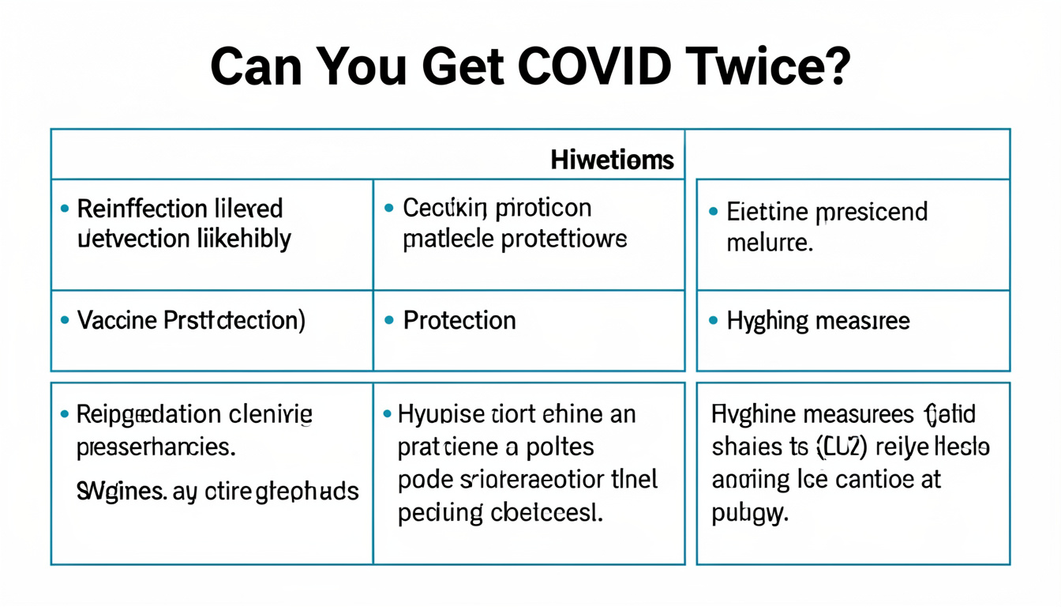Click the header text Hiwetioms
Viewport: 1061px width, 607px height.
pyautogui.click(x=612, y=160)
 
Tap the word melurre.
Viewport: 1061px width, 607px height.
pyautogui.click(x=769, y=243)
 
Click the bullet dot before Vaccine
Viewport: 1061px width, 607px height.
pyautogui.click(x=65, y=321)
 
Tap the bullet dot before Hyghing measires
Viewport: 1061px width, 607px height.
pyautogui.click(x=713, y=321)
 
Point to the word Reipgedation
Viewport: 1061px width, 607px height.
pyautogui.click(x=148, y=415)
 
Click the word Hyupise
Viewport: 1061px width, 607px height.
pyautogui.click(x=442, y=414)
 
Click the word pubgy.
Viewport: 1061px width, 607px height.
pyautogui.click(x=749, y=514)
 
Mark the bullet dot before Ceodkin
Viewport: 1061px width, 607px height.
pyautogui.click(x=388, y=209)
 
